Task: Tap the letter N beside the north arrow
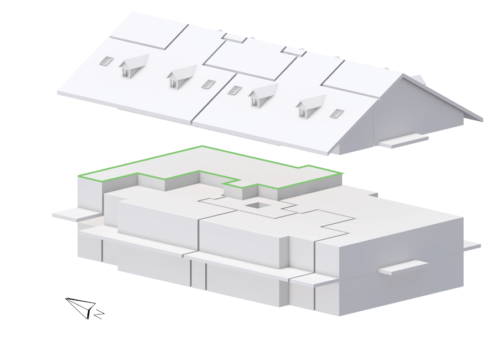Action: [100, 314]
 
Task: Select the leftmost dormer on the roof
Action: [133, 65]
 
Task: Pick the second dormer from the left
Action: [181, 76]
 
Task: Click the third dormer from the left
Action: [263, 95]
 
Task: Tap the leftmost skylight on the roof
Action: [106, 61]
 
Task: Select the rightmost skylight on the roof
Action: [336, 113]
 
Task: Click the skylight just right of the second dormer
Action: [209, 84]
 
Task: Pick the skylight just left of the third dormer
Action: [235, 90]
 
